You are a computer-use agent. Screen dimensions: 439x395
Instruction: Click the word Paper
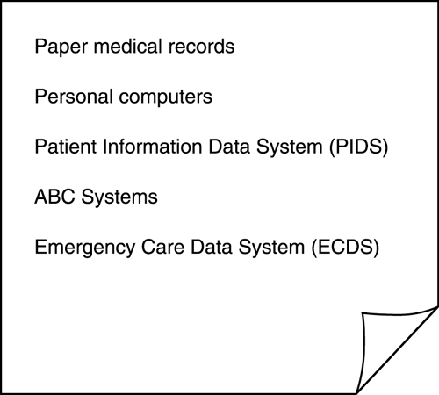61,47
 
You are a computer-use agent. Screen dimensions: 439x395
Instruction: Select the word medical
128,46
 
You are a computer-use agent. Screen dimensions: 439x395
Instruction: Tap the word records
201,46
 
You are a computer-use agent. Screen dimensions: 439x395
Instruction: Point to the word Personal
74,96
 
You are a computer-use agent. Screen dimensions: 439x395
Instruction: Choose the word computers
165,97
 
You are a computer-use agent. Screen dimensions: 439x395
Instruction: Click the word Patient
65,147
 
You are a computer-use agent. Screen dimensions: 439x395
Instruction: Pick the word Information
152,147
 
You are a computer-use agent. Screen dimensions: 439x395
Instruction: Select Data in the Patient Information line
229,147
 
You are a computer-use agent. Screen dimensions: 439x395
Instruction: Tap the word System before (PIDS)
289,147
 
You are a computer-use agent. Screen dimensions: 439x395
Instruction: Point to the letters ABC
54,197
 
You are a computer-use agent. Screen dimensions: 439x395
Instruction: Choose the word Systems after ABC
119,197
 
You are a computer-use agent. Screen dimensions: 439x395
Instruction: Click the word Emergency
84,248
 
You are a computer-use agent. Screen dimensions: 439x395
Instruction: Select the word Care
162,247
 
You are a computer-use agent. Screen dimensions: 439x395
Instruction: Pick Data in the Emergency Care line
212,247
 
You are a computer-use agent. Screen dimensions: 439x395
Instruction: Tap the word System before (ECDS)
271,248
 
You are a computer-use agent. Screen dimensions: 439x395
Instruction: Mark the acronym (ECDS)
345,248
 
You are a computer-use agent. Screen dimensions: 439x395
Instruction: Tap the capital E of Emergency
40,247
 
